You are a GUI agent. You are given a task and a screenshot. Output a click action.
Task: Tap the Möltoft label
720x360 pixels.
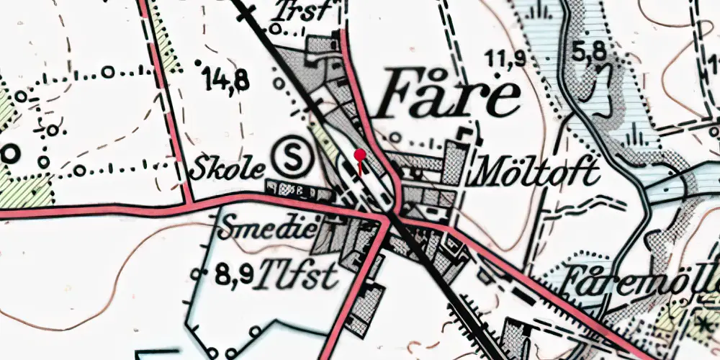[534, 174]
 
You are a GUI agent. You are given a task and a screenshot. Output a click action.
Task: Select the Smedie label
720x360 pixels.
[267, 229]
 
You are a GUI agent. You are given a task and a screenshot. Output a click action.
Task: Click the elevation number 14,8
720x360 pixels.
[226, 78]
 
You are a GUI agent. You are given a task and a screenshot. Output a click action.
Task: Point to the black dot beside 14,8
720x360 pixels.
[199, 63]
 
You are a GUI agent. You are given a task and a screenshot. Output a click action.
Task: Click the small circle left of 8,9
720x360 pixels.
[199, 273]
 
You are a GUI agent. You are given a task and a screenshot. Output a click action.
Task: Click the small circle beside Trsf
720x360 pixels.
[275, 29]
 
